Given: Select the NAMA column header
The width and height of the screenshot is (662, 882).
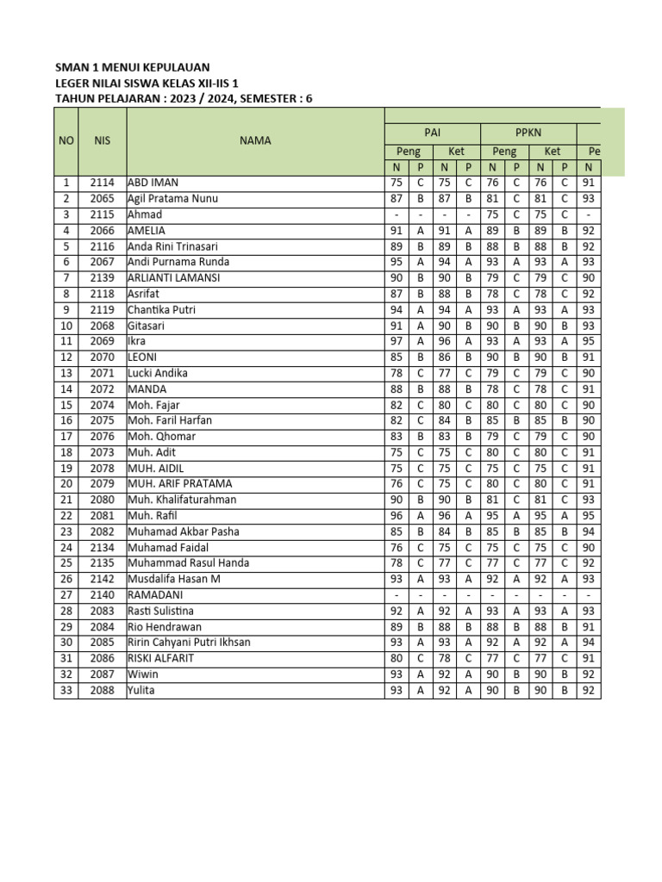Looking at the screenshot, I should coord(255,140).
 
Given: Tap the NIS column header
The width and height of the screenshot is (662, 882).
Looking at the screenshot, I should coord(102,140).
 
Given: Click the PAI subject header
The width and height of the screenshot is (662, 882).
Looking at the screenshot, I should coord(432,133).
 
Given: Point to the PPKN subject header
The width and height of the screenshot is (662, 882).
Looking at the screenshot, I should coord(528,133).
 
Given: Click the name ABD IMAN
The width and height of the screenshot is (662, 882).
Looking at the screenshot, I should coord(153,183).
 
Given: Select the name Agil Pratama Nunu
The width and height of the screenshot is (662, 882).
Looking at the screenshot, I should coord(172,199).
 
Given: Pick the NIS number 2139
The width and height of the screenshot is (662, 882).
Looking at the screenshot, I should coord(102,278).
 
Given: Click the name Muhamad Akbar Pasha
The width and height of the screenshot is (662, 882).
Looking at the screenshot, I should coord(184,531).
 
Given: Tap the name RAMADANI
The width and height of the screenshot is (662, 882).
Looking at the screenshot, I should coord(155,595).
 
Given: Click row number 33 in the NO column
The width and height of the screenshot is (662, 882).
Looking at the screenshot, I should coord(66,690).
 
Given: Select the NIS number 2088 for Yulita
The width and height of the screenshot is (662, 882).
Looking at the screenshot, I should coord(102,690).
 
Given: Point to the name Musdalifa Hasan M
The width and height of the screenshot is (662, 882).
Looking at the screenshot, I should coord(174,579).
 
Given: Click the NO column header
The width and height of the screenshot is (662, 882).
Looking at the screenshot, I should coord(66,140).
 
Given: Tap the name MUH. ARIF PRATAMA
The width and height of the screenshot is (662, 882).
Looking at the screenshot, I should coord(179,484).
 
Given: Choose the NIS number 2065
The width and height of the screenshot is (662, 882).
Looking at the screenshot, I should coord(102,199).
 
